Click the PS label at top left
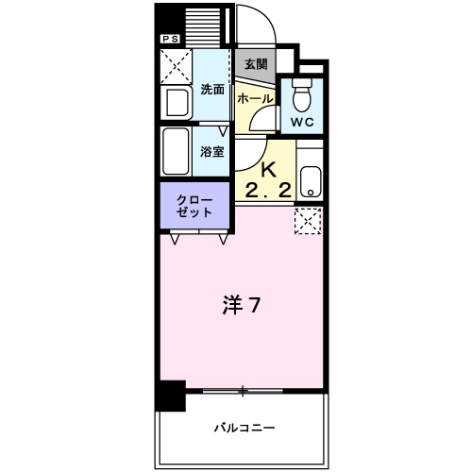171,38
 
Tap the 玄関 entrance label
255,64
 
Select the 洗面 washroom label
212,91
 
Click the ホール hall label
255,98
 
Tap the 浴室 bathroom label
212,151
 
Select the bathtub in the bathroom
177,151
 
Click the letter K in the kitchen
267,170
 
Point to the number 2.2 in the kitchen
267,191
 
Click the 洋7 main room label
241,307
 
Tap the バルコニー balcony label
241,426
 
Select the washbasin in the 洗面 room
177,101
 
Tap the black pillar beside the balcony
170,395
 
